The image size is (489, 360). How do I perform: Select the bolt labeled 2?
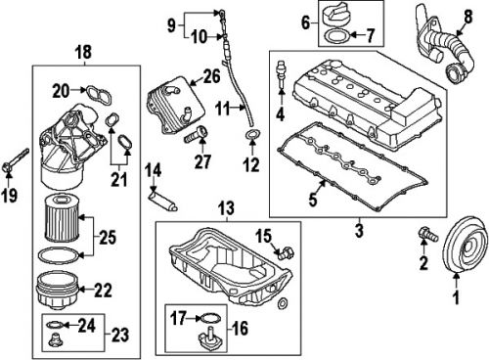[424, 235]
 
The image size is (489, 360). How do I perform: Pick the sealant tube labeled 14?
[159, 202]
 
